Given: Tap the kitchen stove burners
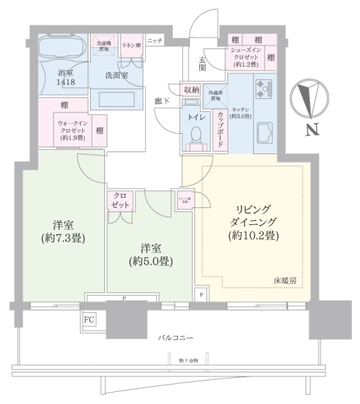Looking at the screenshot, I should click(x=262, y=87).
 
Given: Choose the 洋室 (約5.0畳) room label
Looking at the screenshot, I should click(x=149, y=254).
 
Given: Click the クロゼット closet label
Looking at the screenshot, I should click(x=122, y=199).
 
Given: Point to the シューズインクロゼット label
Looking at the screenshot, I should click(x=246, y=56).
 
